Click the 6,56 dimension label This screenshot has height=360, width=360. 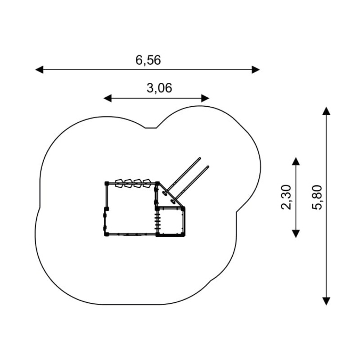coord(148,60)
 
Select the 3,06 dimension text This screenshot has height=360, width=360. coord(159,88)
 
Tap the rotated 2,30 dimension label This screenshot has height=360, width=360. coord(286,197)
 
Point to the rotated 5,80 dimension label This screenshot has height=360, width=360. coord(317,197)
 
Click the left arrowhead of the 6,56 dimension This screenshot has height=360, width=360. coord(39,69)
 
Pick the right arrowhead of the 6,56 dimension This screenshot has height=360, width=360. coord(256,69)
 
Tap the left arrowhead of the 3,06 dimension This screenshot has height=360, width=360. coord(108,98)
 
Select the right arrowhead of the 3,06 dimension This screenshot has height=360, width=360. coord(205,98)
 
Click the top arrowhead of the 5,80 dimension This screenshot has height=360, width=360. coord(326,111)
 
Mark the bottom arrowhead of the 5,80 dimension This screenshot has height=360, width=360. coord(326,301)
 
